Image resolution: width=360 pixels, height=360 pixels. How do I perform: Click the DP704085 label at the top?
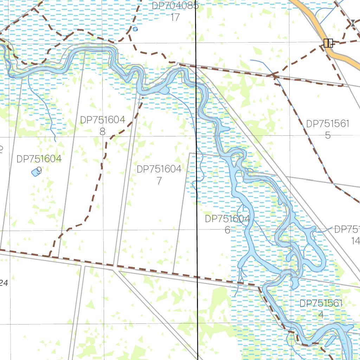[x=175, y=6]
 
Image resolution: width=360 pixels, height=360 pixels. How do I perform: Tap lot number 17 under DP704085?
[x=175, y=17]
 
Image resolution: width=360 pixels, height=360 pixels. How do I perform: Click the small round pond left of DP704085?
[x=135, y=29]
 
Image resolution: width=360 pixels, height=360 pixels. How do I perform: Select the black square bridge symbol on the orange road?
[x=328, y=43]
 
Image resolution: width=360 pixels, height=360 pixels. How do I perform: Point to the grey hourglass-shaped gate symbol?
[x=352, y=24]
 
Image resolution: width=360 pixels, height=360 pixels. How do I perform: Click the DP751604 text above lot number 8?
[x=102, y=120]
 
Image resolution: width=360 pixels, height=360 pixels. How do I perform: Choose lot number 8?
[x=102, y=131]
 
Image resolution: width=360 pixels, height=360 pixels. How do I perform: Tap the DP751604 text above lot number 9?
[x=39, y=159]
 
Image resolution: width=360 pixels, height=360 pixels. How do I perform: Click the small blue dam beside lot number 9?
[x=36, y=172]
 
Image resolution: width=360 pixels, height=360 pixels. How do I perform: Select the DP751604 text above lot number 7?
[x=159, y=169]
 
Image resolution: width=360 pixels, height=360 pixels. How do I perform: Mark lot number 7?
[x=159, y=181]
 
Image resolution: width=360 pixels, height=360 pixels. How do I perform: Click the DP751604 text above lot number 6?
[x=227, y=219]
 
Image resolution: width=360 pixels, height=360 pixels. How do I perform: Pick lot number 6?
[x=227, y=230]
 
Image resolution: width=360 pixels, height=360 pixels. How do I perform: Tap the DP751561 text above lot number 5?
[x=328, y=124]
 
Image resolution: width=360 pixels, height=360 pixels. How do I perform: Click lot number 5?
[x=328, y=135]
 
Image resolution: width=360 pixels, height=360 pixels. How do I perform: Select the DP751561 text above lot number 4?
[x=321, y=303]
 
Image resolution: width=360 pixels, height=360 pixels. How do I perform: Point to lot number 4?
[x=321, y=315]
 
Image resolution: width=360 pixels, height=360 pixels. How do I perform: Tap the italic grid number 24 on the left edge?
[x=4, y=283]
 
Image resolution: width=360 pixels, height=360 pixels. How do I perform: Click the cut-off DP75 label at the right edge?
[x=347, y=230]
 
